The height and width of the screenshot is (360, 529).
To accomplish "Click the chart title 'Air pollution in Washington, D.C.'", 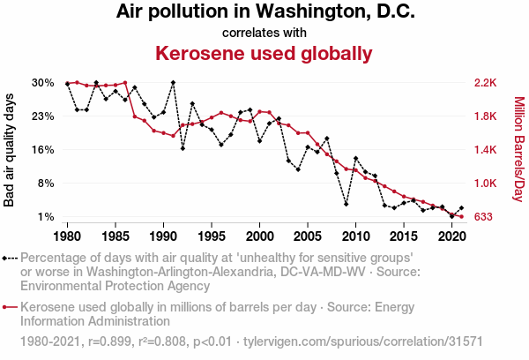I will tap(264, 13).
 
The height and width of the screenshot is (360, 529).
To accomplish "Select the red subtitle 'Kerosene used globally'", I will tap(264, 53).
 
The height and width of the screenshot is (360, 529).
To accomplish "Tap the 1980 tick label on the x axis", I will tap(67, 236).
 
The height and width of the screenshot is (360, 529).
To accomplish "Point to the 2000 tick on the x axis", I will tap(259, 236).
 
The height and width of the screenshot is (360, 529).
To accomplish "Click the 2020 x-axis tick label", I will tap(451, 236).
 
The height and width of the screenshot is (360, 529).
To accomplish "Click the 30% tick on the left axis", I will tap(43, 83).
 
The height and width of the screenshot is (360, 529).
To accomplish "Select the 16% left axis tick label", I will tap(43, 150).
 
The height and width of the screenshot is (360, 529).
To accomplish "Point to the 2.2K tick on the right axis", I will tap(486, 83).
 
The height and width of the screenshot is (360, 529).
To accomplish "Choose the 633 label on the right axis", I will tap(483, 217).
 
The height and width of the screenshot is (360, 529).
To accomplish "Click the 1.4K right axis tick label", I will tap(486, 150).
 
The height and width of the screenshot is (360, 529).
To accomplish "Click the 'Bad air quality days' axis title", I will tap(10, 150).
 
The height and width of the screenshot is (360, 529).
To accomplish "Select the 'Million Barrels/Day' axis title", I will tap(518, 150).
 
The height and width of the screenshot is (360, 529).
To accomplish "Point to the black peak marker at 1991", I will tap(173, 83).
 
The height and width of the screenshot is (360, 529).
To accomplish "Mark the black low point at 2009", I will tap(346, 204).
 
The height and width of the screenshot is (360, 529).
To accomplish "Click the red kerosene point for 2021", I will tap(461, 217).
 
